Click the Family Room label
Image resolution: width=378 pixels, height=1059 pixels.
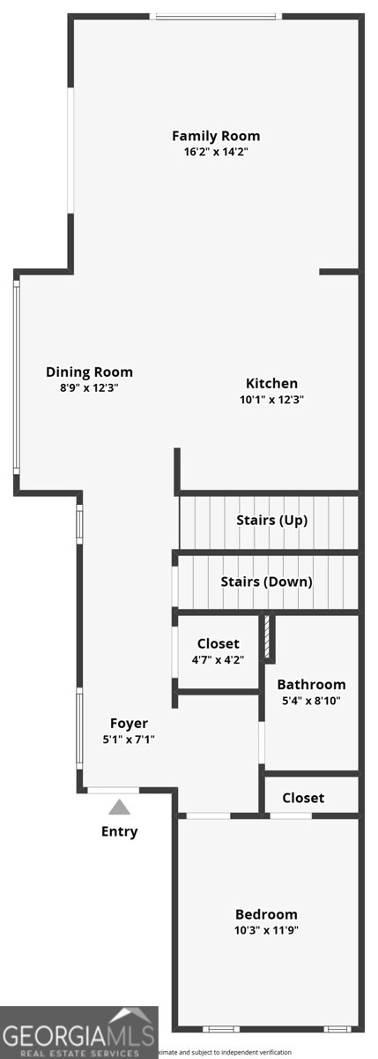(x=216, y=136)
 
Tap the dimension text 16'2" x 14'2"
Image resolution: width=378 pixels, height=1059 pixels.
(x=216, y=152)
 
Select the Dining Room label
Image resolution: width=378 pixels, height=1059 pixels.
(x=89, y=372)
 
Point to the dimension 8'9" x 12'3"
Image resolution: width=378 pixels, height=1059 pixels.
(x=89, y=388)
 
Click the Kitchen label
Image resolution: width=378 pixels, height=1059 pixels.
(x=271, y=383)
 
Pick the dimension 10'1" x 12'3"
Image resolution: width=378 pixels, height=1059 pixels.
(x=271, y=399)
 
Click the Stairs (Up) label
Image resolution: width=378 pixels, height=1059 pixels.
(x=271, y=520)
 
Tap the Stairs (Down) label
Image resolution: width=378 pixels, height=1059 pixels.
(x=266, y=582)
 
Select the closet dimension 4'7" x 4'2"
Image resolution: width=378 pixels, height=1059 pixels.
(x=218, y=659)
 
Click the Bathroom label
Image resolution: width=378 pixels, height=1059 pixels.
(x=311, y=685)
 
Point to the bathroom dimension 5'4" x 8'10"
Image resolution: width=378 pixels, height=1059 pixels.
(x=311, y=701)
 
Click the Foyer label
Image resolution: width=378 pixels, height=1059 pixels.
(x=129, y=724)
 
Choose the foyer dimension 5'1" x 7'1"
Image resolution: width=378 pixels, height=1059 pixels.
(x=129, y=740)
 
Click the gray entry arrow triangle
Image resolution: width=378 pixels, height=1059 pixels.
(x=119, y=807)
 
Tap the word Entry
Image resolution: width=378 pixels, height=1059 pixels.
(x=119, y=831)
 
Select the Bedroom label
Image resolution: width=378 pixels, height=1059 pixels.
(x=266, y=914)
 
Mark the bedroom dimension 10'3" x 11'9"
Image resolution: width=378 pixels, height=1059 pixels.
(x=266, y=930)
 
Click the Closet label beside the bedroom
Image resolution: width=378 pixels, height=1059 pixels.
(x=303, y=798)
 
